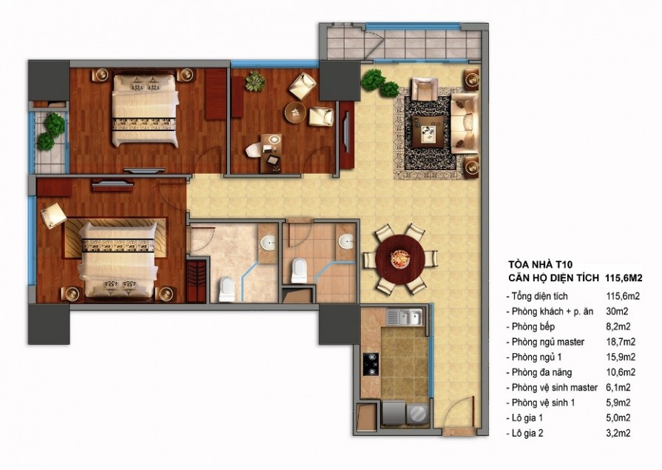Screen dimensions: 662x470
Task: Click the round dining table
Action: click(399, 258)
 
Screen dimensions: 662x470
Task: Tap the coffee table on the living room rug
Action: click(428, 132)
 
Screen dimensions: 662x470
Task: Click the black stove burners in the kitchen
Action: click(371, 364)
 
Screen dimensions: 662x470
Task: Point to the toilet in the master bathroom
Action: click(227, 289)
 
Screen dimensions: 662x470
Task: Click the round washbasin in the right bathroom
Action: click(348, 241)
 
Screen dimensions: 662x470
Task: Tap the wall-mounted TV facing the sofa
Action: click(347, 131)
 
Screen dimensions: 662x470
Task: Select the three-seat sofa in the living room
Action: click(465, 123)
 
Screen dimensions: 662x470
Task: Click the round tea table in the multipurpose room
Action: click(295, 113)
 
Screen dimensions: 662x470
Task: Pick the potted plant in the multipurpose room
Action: click(255, 81)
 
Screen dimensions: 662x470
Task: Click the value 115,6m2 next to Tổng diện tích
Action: click(623, 296)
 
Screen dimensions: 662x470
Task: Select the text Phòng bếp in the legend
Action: click(533, 326)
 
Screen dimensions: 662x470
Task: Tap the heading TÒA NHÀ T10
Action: click(535, 265)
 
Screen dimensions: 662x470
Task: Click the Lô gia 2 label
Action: click(527, 433)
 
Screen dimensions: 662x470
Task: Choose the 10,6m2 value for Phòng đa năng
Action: click(621, 372)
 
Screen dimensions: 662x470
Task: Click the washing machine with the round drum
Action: click(416, 413)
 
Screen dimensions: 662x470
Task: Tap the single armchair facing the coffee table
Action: click(425, 90)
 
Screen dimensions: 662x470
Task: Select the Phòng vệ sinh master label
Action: click(554, 388)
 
